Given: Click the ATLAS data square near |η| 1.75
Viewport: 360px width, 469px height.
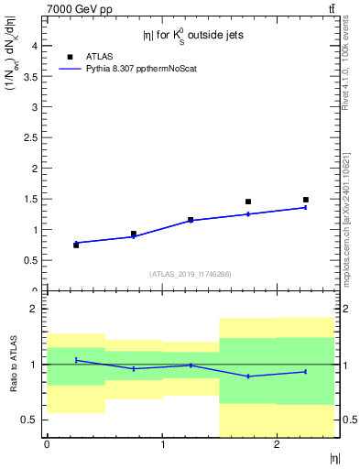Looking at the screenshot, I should tap(248, 202).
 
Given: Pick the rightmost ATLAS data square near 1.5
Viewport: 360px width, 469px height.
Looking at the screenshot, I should tap(306, 200).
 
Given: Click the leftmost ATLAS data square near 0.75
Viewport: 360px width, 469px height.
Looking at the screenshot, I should tap(76, 245).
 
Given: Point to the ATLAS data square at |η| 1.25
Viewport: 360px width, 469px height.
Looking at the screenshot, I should tap(191, 220).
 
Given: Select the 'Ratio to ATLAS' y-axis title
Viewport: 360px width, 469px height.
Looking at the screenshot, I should tap(12, 364).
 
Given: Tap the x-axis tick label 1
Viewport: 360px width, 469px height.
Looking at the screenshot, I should tap(162, 444).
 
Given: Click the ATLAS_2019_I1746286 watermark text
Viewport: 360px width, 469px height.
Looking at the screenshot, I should tap(191, 274).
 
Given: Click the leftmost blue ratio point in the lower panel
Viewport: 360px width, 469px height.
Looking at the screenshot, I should tap(76, 360).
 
